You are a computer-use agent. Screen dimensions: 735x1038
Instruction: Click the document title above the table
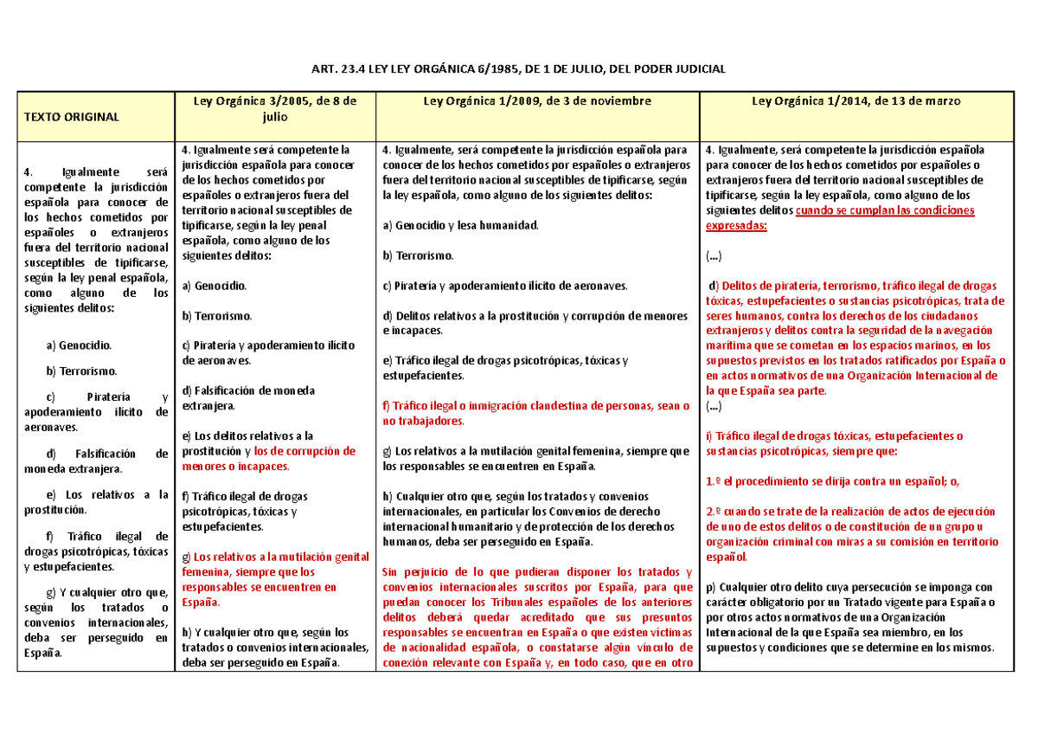pos(519,68)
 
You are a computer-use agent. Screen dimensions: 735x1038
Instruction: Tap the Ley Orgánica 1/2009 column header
pos(536,101)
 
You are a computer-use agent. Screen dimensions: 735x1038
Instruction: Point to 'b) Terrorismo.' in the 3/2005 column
pos(217,315)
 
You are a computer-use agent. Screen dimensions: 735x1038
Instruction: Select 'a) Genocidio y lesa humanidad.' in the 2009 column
pos(460,225)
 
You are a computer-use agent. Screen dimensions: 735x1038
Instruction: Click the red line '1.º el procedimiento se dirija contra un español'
pos(833,481)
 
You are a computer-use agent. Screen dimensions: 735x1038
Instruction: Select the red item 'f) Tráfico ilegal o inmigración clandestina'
pos(535,406)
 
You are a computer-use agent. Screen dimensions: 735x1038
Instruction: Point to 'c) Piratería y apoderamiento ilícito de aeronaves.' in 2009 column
pos(505,286)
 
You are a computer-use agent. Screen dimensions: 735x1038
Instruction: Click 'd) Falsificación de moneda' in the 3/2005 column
pos(249,390)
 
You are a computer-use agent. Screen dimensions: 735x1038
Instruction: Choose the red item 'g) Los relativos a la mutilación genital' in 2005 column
pos(275,557)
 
